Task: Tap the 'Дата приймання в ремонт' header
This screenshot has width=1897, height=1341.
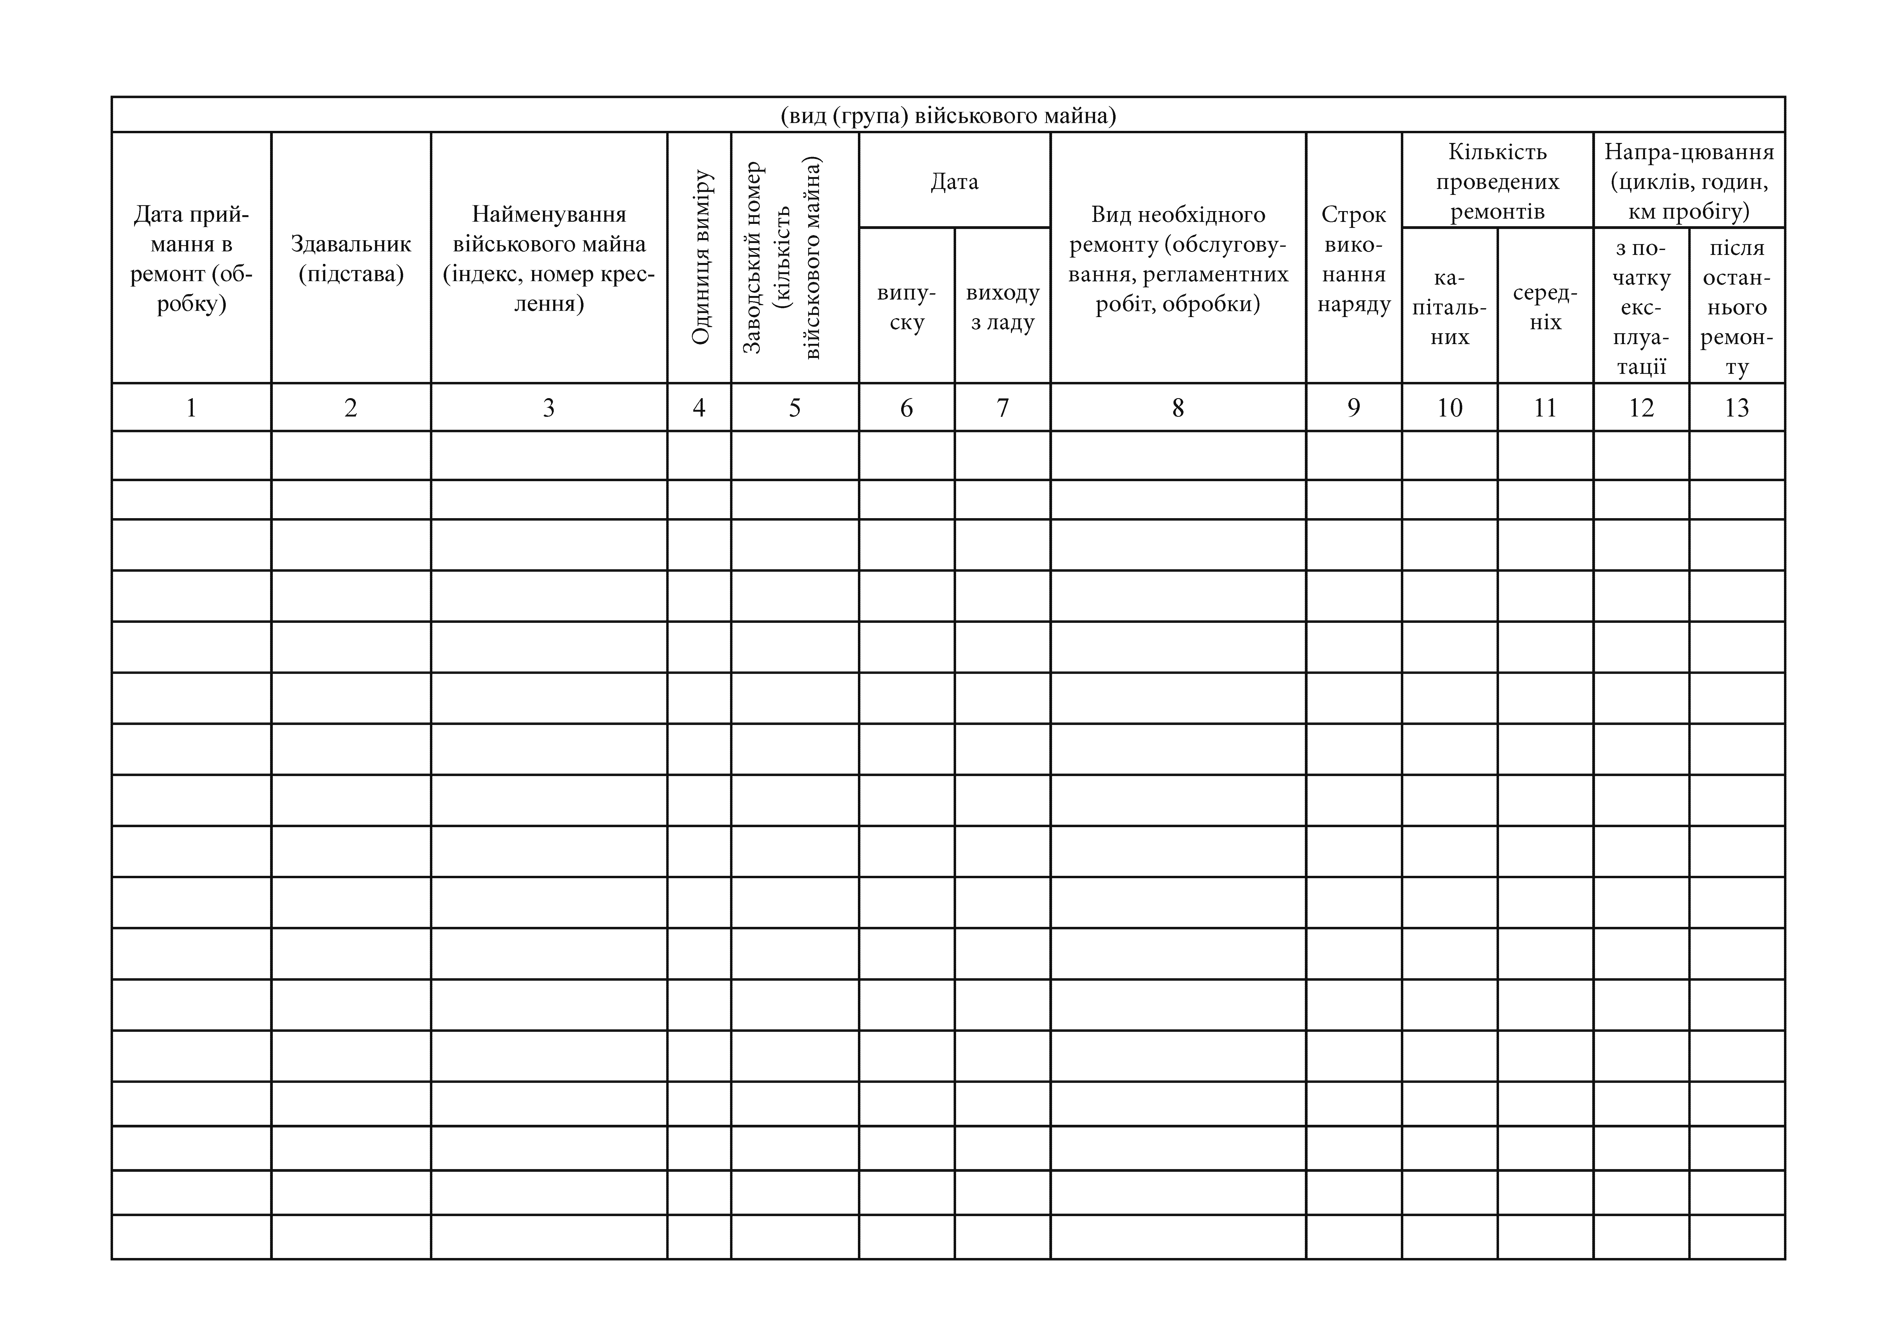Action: tap(191, 259)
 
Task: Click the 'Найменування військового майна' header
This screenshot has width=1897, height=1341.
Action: tap(549, 259)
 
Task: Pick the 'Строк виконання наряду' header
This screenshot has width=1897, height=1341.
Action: tap(1353, 259)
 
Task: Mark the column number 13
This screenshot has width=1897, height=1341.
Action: tap(1737, 407)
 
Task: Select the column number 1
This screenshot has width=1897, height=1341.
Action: tap(191, 407)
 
